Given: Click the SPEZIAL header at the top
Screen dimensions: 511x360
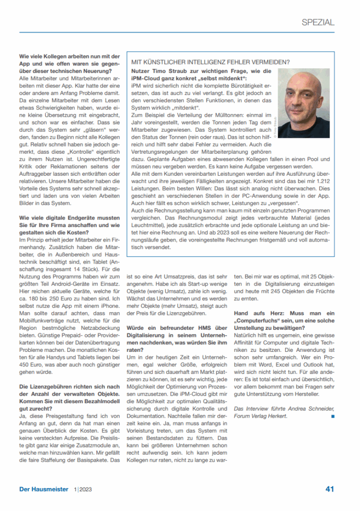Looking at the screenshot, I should point(318,22).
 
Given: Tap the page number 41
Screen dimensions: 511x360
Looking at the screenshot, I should point(330,489).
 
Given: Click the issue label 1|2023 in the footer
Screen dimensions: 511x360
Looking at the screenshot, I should point(83,490).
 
